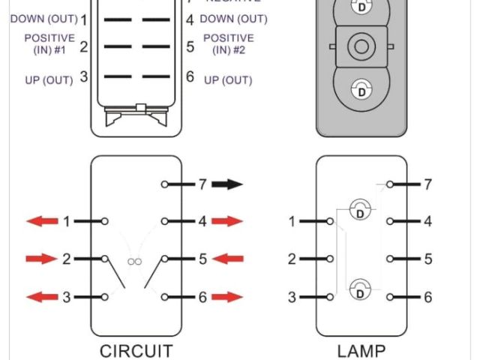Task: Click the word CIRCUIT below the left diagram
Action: pos(136,350)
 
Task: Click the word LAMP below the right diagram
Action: pos(361,350)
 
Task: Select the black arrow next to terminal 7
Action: pos(226,183)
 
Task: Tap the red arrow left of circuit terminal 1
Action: pos(42,221)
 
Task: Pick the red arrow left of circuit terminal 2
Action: pos(42,259)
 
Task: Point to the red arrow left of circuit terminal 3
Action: pos(42,297)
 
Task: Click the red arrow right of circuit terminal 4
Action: pos(227,221)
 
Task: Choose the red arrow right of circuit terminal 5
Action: pos(227,259)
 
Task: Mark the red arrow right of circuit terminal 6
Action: pos(227,297)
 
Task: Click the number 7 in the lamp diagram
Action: pos(427,184)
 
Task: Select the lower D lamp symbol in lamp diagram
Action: pos(360,287)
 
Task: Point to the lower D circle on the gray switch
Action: pos(361,91)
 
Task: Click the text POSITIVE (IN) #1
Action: pos(49,43)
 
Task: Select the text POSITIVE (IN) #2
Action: pos(228,43)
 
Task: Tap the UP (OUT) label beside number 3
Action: pos(48,78)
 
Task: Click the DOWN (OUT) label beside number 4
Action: pos(233,19)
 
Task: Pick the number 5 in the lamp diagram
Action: pos(427,259)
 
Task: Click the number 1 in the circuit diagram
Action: pos(67,221)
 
